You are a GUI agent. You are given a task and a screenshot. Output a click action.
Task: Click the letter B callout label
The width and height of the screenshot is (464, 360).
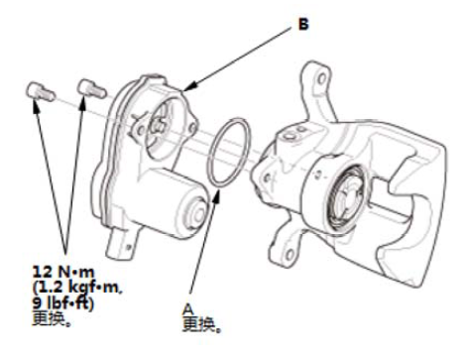(303, 25)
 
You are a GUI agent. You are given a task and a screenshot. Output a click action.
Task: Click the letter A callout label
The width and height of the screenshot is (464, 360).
(187, 309)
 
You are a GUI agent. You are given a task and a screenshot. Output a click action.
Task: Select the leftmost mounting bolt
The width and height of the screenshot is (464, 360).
(40, 91)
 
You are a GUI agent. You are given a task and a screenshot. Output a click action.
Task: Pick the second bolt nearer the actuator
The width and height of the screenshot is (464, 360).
(91, 88)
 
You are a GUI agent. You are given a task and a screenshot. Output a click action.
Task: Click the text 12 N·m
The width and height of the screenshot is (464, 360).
(63, 272)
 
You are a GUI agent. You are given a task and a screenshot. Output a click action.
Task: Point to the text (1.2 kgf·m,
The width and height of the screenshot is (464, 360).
(78, 288)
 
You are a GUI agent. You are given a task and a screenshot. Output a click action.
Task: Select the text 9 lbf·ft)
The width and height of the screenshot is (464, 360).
(62, 303)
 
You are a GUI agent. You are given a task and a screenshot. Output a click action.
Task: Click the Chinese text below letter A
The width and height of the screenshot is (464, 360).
(201, 324)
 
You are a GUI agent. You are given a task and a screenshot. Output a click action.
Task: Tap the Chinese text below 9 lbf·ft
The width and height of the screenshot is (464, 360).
(52, 318)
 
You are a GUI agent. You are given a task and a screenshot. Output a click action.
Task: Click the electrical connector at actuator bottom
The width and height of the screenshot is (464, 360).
(121, 244)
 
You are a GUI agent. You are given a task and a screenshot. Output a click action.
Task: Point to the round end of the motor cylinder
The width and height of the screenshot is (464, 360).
(196, 214)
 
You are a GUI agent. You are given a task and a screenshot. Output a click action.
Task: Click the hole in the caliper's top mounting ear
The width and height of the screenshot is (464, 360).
(321, 79)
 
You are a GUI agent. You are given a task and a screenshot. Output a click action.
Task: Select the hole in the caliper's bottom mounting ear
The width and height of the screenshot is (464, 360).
(290, 255)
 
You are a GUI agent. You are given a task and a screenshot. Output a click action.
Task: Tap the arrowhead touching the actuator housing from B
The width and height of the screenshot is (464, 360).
(189, 86)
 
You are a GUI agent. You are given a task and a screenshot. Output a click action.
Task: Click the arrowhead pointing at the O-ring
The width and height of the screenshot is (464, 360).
(216, 194)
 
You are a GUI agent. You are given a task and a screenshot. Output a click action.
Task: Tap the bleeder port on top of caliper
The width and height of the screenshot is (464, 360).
(289, 136)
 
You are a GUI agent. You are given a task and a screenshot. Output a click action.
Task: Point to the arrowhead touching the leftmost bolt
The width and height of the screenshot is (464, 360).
(36, 104)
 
